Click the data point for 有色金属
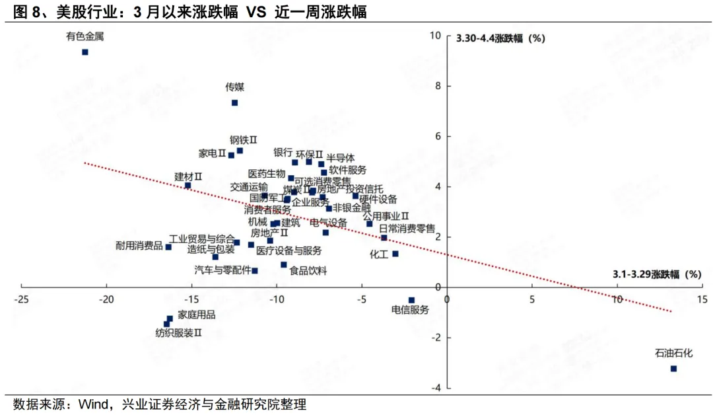click(85, 52)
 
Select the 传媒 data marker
click(234, 102)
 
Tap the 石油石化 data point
click(673, 369)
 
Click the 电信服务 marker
click(411, 300)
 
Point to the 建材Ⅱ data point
click(187, 186)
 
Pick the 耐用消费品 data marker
click(168, 247)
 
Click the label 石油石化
click(673, 354)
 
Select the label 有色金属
click(85, 37)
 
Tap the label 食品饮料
click(308, 270)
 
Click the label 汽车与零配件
click(222, 270)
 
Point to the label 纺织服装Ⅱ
click(178, 332)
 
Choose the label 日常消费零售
click(407, 229)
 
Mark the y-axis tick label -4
click(436, 388)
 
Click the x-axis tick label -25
click(21, 299)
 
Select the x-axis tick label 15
click(702, 299)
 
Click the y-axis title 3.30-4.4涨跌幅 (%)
click(500, 38)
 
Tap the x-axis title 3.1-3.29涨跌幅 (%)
click(656, 274)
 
